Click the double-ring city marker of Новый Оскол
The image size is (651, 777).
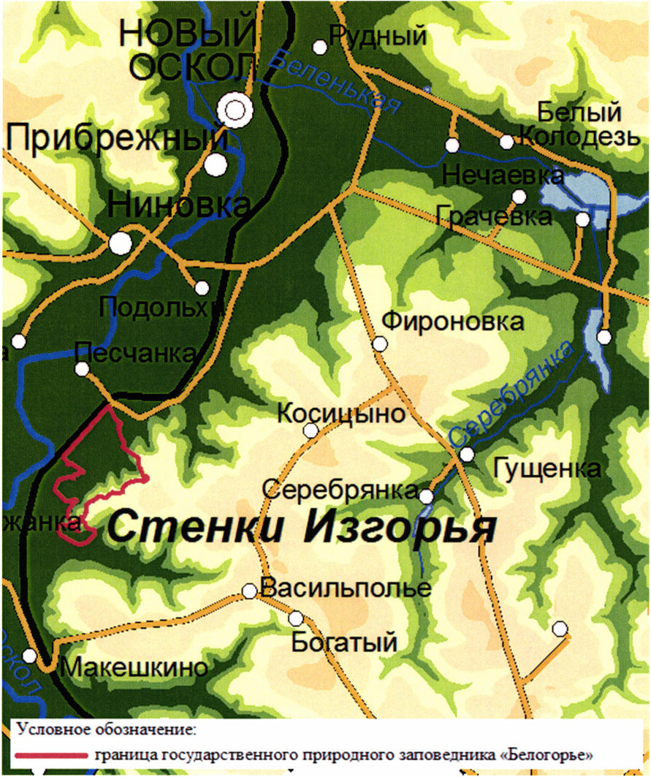[235, 110]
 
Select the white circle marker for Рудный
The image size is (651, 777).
[319, 47]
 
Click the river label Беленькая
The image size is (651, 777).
[335, 82]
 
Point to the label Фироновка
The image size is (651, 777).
[453, 322]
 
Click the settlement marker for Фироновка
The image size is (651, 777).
[379, 344]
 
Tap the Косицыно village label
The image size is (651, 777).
[341, 414]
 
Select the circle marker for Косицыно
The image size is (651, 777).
[311, 431]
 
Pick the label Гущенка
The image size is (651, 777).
[547, 469]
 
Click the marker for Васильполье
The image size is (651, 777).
[249, 591]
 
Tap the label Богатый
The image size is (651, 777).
[344, 643]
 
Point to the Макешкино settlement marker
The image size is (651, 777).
[29, 656]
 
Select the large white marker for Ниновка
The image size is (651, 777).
[121, 243]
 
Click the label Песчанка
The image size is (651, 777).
[136, 353]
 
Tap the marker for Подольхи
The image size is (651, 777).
[202, 288]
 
